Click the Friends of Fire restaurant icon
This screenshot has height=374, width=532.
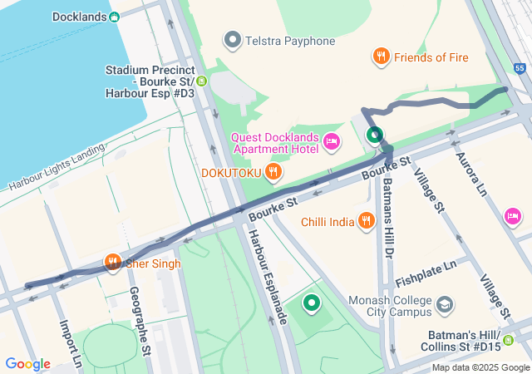(381, 57)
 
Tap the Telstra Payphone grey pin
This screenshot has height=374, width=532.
(233, 40)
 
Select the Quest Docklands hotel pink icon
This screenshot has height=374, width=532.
(332, 142)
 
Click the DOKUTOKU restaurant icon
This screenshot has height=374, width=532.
(273, 172)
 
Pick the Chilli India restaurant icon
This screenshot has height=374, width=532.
(366, 220)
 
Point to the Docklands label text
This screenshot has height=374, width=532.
(78, 17)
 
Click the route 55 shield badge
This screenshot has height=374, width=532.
(520, 67)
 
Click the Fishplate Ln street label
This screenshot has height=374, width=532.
(426, 268)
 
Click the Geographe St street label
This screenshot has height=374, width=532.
(140, 320)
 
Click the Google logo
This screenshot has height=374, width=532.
(27, 363)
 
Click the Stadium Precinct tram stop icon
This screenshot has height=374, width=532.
(201, 81)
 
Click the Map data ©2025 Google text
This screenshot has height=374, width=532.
(480, 367)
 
